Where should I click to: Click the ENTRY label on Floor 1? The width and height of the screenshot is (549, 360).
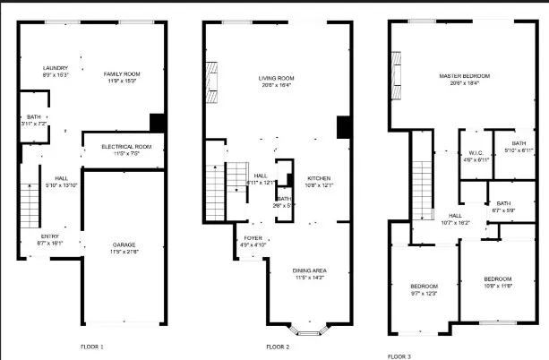[50, 236]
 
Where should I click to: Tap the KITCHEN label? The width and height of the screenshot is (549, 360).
[319, 178]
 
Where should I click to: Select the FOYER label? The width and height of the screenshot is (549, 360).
[253, 237]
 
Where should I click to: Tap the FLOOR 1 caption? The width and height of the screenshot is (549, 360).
[92, 346]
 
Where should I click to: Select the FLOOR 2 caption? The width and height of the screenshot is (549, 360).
[278, 346]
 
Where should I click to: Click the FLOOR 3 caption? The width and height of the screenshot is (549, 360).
[399, 356]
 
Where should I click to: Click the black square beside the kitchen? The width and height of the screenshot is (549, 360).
[343, 128]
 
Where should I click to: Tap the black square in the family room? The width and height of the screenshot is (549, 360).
[158, 122]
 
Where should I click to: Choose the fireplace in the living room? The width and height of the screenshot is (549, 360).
[212, 82]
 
